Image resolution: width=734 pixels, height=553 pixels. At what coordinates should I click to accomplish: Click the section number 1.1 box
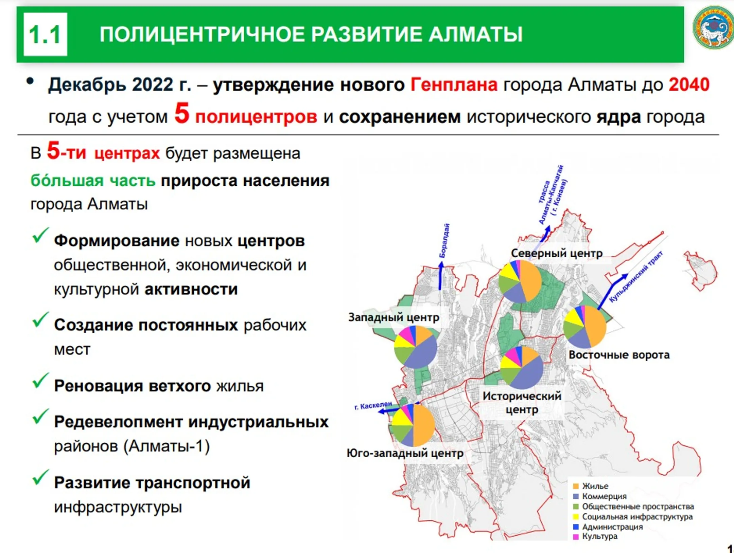pyautogui.click(x=45, y=34)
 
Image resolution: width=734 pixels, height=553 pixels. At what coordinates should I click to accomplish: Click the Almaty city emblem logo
pyautogui.click(x=713, y=27)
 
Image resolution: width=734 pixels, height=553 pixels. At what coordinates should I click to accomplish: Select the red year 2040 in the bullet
pyautogui.click(x=689, y=85)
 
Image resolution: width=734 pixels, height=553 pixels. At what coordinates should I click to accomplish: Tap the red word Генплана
pyautogui.click(x=454, y=85)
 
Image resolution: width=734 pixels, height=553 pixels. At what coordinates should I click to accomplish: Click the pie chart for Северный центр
pyautogui.click(x=520, y=281)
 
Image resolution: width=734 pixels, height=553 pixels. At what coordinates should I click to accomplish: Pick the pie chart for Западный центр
pyautogui.click(x=415, y=347)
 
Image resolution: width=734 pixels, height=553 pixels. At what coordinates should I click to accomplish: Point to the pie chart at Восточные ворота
pyautogui.click(x=584, y=327)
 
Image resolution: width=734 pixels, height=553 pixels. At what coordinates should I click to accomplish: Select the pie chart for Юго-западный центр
pyautogui.click(x=413, y=425)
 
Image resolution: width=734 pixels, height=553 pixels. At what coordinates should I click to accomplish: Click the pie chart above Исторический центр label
pyautogui.click(x=522, y=367)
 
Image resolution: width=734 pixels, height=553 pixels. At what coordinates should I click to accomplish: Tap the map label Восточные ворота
pyautogui.click(x=619, y=355)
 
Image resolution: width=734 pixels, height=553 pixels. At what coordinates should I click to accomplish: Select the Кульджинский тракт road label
pyautogui.click(x=635, y=276)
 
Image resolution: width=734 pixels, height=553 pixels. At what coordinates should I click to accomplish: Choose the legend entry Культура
pyautogui.click(x=595, y=537)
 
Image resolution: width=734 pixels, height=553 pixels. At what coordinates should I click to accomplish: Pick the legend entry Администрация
pyautogui.click(x=608, y=527)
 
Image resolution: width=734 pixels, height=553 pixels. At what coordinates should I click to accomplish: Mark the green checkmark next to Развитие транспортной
pyautogui.click(x=40, y=477)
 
